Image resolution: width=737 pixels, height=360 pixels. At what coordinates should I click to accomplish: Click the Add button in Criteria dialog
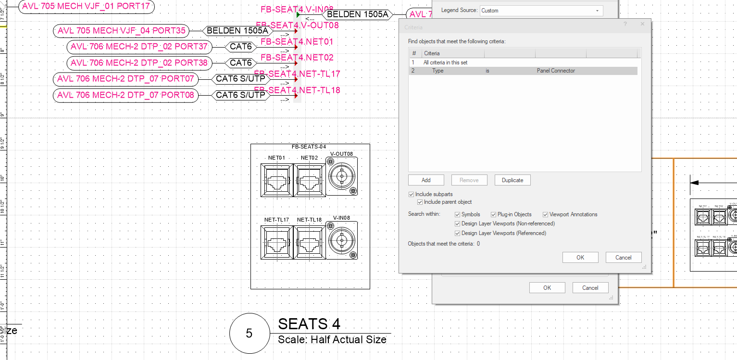pyautogui.click(x=426, y=180)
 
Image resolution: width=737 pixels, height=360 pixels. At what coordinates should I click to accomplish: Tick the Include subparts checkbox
pyautogui.click(x=411, y=194)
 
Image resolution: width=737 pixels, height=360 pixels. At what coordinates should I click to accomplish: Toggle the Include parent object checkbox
pyautogui.click(x=420, y=202)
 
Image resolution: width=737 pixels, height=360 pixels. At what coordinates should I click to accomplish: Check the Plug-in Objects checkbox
pyautogui.click(x=494, y=214)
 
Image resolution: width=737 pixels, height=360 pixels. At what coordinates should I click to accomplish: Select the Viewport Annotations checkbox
pyautogui.click(x=546, y=214)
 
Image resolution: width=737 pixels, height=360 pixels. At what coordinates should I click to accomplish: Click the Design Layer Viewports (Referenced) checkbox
pyautogui.click(x=458, y=233)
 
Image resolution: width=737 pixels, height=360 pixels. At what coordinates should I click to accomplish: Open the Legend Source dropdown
pyautogui.click(x=541, y=11)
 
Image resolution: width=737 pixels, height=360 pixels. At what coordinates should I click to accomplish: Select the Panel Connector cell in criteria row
pyautogui.click(x=556, y=71)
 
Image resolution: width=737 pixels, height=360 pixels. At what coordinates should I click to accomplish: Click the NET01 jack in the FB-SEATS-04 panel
pyautogui.click(x=276, y=180)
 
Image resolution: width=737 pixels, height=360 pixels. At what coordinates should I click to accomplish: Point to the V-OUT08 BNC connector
pyautogui.click(x=341, y=177)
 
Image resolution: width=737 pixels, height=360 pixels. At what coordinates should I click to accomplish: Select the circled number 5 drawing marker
pyautogui.click(x=249, y=334)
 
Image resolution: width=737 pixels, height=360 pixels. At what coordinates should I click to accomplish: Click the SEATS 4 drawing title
pyautogui.click(x=309, y=324)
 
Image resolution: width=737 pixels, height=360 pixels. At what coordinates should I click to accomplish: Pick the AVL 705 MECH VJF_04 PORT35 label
pyautogui.click(x=121, y=31)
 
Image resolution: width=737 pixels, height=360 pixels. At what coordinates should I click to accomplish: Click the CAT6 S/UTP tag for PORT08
pyautogui.click(x=240, y=95)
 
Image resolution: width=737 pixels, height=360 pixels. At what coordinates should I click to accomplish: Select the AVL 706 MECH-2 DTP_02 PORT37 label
pyautogui.click(x=139, y=47)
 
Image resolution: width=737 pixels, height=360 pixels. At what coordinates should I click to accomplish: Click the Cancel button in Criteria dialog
pyautogui.click(x=623, y=258)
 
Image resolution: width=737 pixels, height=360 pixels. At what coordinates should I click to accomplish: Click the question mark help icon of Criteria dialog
pyautogui.click(x=625, y=24)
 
